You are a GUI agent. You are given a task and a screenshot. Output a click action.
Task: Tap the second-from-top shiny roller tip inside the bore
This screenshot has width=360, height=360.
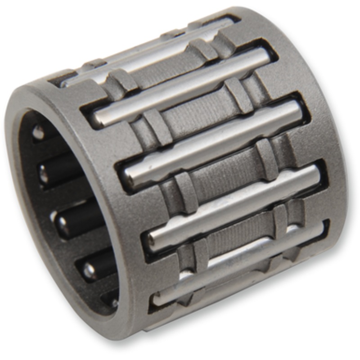tap(43, 173)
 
